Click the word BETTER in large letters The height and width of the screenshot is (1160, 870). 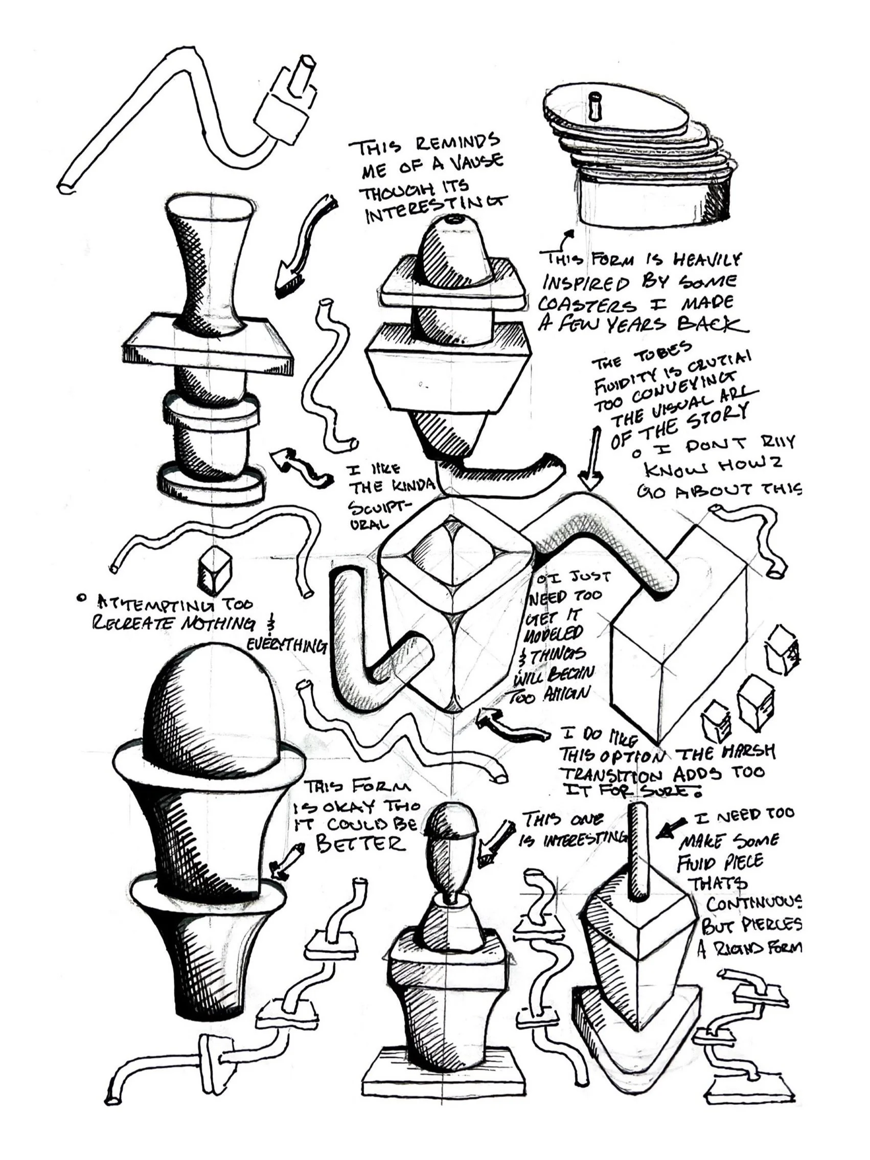[x=361, y=843]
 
